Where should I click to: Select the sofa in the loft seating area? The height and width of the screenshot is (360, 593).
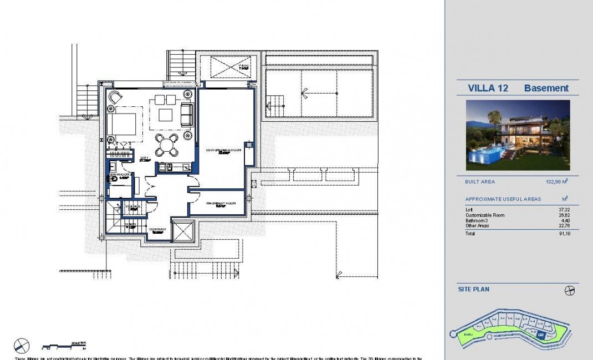point(187,114)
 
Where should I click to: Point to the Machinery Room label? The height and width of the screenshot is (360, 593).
point(221,203)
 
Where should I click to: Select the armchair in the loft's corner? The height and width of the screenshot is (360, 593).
point(115,97)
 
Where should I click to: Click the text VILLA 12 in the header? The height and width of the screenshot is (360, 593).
point(488,88)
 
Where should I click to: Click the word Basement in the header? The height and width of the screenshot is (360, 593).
point(546,88)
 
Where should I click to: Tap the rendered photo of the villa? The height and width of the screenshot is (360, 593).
point(518,135)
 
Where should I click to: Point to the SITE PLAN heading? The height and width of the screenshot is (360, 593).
point(473,289)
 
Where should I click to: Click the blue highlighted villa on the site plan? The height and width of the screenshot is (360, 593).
point(541,335)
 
